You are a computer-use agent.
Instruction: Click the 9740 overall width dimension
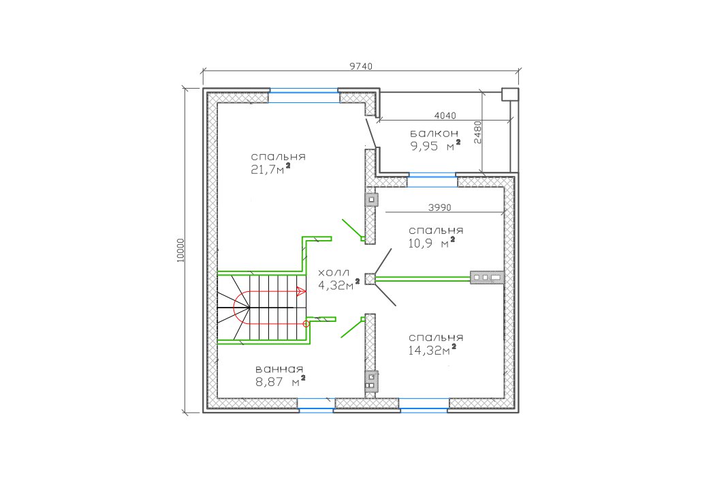(x=361, y=66)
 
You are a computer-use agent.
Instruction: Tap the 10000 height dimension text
(x=181, y=250)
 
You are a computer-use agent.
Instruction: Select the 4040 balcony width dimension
(x=445, y=116)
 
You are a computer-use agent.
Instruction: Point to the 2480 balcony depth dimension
(x=477, y=132)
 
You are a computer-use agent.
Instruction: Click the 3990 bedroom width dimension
(x=439, y=207)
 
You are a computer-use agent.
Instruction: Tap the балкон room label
(x=434, y=134)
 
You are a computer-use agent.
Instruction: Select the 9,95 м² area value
(x=436, y=146)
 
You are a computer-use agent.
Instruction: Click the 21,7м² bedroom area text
(x=270, y=169)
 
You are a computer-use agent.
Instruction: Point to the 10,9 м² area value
(x=432, y=243)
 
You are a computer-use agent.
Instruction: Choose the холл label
(x=334, y=273)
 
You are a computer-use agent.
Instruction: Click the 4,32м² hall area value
(x=338, y=285)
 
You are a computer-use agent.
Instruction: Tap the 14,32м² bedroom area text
(x=432, y=350)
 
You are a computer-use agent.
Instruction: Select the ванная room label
(x=279, y=369)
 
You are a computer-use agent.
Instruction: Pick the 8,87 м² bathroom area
(x=280, y=381)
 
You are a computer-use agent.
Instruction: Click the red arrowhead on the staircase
(x=300, y=291)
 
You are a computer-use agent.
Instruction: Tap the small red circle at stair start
(x=306, y=324)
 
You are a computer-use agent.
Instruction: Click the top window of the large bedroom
(x=304, y=96)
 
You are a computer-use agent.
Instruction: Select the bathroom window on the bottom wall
(x=316, y=404)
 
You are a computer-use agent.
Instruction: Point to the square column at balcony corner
(x=509, y=94)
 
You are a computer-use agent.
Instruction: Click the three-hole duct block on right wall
(x=487, y=277)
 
